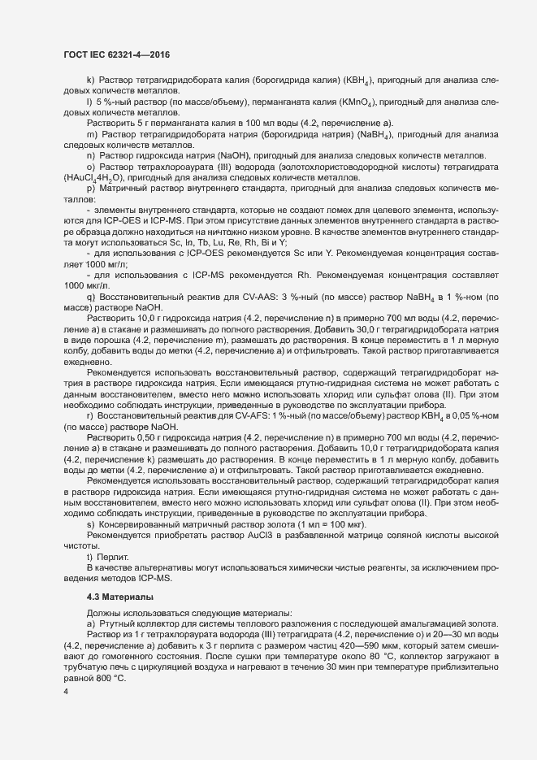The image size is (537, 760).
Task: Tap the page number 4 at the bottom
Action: [66, 693]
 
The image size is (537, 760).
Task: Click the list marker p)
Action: [91, 189]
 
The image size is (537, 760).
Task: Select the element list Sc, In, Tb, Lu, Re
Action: [217, 242]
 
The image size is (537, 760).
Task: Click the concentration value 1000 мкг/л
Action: [85, 286]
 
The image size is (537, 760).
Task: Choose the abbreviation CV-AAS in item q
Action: [230, 297]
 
